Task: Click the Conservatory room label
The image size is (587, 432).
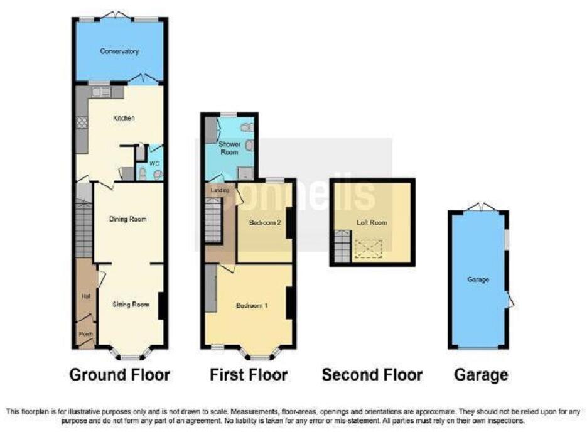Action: [x=119, y=51]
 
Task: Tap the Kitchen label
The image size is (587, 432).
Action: [x=124, y=118]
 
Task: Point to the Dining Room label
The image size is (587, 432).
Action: [x=127, y=219]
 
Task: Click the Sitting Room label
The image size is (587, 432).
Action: [x=131, y=305]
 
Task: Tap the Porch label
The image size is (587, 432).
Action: [x=85, y=335]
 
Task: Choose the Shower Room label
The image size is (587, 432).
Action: [x=227, y=148]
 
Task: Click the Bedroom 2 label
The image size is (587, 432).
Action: [x=264, y=223]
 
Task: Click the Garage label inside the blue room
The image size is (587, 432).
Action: [x=478, y=279]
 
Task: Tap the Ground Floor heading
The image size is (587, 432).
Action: [x=119, y=375]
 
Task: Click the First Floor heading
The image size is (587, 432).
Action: [x=249, y=375]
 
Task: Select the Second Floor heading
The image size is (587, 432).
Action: [x=372, y=375]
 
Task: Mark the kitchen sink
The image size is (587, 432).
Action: [x=100, y=92]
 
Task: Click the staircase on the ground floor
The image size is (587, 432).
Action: [x=83, y=229]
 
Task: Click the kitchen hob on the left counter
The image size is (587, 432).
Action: [x=81, y=123]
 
